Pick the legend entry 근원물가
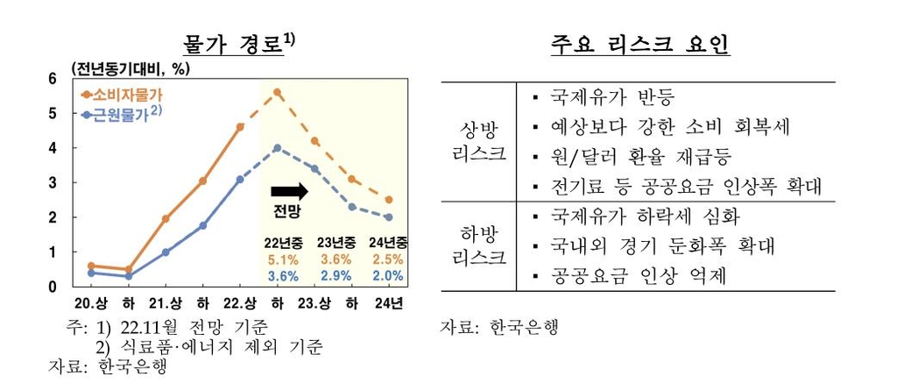click(x=121, y=114)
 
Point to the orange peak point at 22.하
click(x=277, y=92)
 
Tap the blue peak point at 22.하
click(x=277, y=148)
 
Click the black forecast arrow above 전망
click(x=288, y=190)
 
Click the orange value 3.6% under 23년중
click(x=335, y=259)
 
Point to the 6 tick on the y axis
click(x=52, y=79)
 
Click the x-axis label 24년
click(x=388, y=305)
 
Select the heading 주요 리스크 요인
click(x=639, y=44)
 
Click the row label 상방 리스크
click(x=483, y=141)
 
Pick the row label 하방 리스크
click(x=483, y=246)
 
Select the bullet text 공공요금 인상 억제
click(x=639, y=276)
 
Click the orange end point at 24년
click(x=388, y=200)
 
